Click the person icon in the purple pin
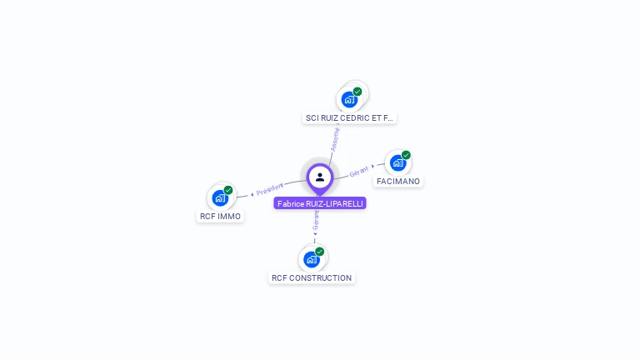pyautogui.click(x=320, y=177)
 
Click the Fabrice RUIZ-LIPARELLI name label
pyautogui.click(x=320, y=203)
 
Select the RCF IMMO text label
pyautogui.click(x=221, y=217)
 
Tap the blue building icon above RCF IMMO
pyautogui.click(x=220, y=197)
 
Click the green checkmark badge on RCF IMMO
pyautogui.click(x=228, y=190)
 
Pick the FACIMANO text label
pyautogui.click(x=398, y=181)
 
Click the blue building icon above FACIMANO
pyautogui.click(x=397, y=162)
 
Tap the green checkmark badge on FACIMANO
pyautogui.click(x=406, y=155)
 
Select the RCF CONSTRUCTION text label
pyautogui.click(x=312, y=277)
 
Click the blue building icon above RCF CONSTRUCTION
pyautogui.click(x=311, y=259)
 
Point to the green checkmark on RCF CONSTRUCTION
pyautogui.click(x=319, y=252)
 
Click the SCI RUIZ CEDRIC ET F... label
pyautogui.click(x=350, y=118)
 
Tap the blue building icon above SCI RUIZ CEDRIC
pyautogui.click(x=348, y=99)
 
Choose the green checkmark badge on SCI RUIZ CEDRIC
pyautogui.click(x=357, y=92)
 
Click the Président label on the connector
pyautogui.click(x=270, y=189)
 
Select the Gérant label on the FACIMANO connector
pyautogui.click(x=359, y=171)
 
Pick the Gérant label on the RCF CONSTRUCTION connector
pyautogui.click(x=316, y=219)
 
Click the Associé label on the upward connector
pyautogui.click(x=334, y=138)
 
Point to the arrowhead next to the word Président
pyautogui.click(x=252, y=194)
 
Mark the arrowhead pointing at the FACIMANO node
pyautogui.click(x=372, y=167)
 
